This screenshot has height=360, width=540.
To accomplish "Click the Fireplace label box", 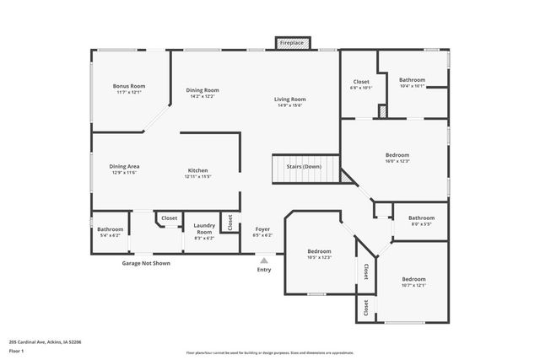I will [292, 42].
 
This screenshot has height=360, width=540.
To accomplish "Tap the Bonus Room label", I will [129, 86].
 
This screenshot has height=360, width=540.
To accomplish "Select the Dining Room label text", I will [202, 90].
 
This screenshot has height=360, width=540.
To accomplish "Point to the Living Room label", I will [289, 99].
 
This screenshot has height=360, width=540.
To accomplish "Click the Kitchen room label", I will [197, 170].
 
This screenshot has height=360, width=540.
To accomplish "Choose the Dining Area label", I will [124, 166].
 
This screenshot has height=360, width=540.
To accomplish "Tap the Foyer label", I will [262, 228].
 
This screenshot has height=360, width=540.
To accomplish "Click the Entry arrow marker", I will [264, 261].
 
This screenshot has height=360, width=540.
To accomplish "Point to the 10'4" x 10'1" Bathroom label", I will [412, 80].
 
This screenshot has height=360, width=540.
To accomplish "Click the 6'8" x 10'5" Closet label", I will [361, 82].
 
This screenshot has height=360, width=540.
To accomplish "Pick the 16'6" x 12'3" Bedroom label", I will [397, 155].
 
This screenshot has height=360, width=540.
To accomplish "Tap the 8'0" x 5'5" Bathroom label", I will [421, 218].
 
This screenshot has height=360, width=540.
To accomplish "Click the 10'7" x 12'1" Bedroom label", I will [413, 279].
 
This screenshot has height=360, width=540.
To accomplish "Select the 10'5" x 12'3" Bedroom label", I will [319, 251].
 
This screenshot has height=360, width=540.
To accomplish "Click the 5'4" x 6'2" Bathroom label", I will [110, 229].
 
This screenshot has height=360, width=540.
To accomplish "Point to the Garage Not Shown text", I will [146, 263].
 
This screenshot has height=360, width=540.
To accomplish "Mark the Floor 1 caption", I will [17, 349].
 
